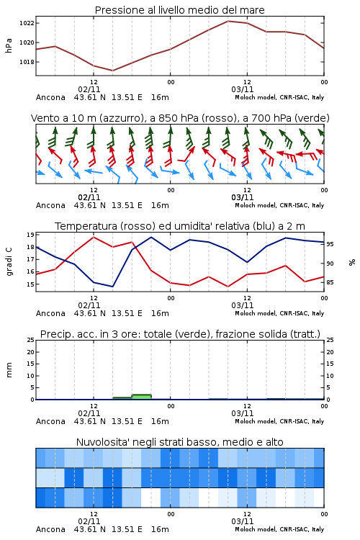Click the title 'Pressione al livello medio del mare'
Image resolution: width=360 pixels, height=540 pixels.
pyautogui.click(x=179, y=10)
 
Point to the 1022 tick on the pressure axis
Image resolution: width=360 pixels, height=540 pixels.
pyautogui.click(x=27, y=23)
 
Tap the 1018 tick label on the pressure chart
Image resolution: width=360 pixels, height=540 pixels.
pyautogui.click(x=27, y=62)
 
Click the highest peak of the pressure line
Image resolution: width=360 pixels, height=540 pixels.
pyautogui.click(x=228, y=21)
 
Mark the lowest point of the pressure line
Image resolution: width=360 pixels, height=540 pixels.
pyautogui.click(x=112, y=71)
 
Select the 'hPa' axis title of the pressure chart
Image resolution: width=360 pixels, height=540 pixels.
pyautogui.click(x=9, y=45)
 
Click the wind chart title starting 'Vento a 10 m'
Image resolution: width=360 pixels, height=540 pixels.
pyautogui.click(x=180, y=118)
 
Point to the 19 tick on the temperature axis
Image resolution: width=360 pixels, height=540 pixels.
pyautogui.click(x=30, y=235)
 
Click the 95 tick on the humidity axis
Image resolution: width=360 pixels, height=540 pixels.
pyautogui.click(x=330, y=244)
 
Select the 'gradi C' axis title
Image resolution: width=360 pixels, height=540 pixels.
pyautogui.click(x=9, y=261)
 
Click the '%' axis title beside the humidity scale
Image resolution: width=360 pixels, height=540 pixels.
pyautogui.click(x=352, y=262)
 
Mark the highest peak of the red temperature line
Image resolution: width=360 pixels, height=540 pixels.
pyautogui.click(x=94, y=237)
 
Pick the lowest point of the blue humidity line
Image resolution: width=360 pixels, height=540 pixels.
pyautogui.click(x=112, y=287)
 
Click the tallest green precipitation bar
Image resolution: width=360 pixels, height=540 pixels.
pyautogui.click(x=142, y=397)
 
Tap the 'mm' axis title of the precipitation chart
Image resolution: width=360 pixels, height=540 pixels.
pyautogui.click(x=9, y=370)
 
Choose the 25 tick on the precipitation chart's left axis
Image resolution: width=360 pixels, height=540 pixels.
pyautogui.click(x=30, y=340)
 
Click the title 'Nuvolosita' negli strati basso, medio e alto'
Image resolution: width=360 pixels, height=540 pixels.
pyautogui.click(x=180, y=442)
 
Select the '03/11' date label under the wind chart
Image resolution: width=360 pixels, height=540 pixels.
pyautogui.click(x=243, y=197)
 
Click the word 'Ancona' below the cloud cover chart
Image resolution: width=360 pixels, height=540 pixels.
pyautogui.click(x=50, y=529)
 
